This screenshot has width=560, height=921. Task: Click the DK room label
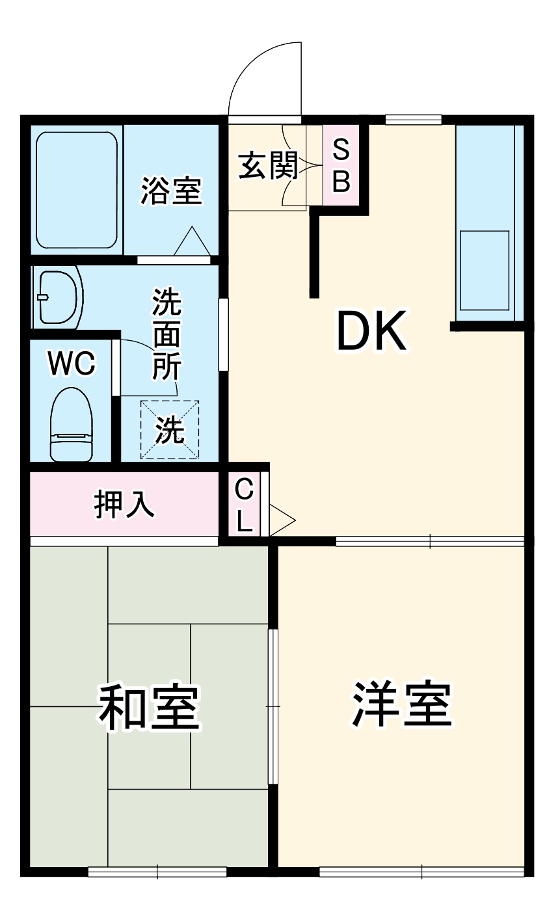pyautogui.click(x=371, y=331)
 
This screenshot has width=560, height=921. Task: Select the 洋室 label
pyautogui.click(x=401, y=705)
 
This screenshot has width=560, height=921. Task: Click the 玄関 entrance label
pyautogui.click(x=267, y=166)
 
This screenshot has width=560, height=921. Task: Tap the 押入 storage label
pyautogui.click(x=124, y=504)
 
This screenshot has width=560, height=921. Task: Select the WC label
pyautogui.click(x=72, y=364)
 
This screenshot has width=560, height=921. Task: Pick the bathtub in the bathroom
pyautogui.click(x=77, y=191)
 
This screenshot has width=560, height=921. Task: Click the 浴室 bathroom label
pyautogui.click(x=171, y=191)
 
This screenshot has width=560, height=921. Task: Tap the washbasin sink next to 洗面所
pyautogui.click(x=59, y=297)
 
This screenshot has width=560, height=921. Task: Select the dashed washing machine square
pyautogui.click(x=170, y=430)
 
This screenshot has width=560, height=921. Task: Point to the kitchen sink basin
pyautogui.click(x=484, y=270)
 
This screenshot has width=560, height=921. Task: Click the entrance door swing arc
pyautogui.click(x=260, y=72)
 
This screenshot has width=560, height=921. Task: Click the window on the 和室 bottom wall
pyautogui.click(x=157, y=872)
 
